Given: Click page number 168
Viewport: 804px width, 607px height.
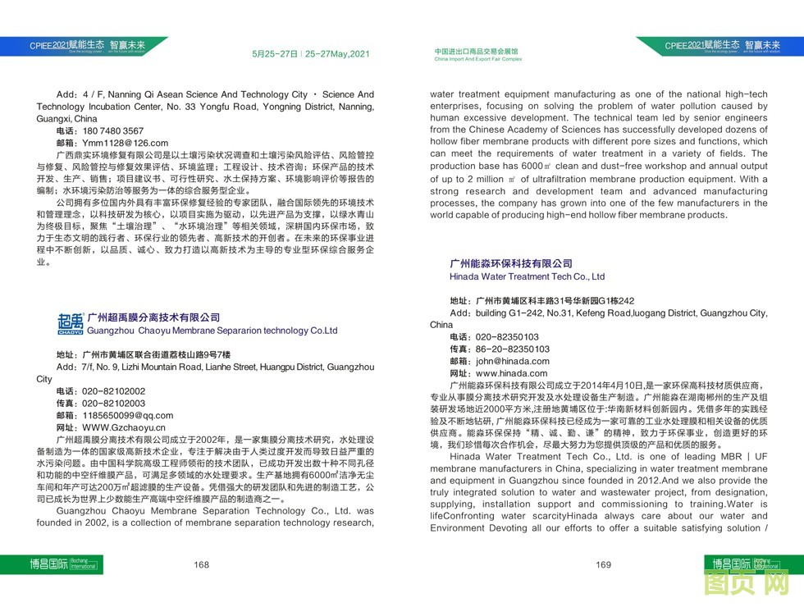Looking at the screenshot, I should [x=202, y=564].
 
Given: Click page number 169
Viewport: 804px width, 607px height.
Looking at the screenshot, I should [x=603, y=564].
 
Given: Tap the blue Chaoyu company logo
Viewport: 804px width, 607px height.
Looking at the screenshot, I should [x=70, y=324].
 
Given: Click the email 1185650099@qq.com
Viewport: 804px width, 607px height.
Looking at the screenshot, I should [x=127, y=415].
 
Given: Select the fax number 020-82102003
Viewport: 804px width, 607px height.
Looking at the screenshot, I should [x=113, y=404].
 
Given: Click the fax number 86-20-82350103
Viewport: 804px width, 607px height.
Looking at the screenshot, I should [x=512, y=349].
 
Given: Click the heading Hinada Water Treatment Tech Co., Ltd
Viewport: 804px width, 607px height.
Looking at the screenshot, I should [x=527, y=277].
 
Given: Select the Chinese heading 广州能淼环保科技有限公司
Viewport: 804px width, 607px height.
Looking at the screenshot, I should [x=510, y=263].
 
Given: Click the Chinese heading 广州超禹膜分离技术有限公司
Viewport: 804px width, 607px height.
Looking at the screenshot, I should [x=153, y=317].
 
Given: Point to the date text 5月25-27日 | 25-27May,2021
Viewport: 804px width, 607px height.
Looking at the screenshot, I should [x=311, y=54].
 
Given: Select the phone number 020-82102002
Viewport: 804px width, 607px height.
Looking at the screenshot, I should [x=113, y=391].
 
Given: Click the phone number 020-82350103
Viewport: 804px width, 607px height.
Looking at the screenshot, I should [x=507, y=336].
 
